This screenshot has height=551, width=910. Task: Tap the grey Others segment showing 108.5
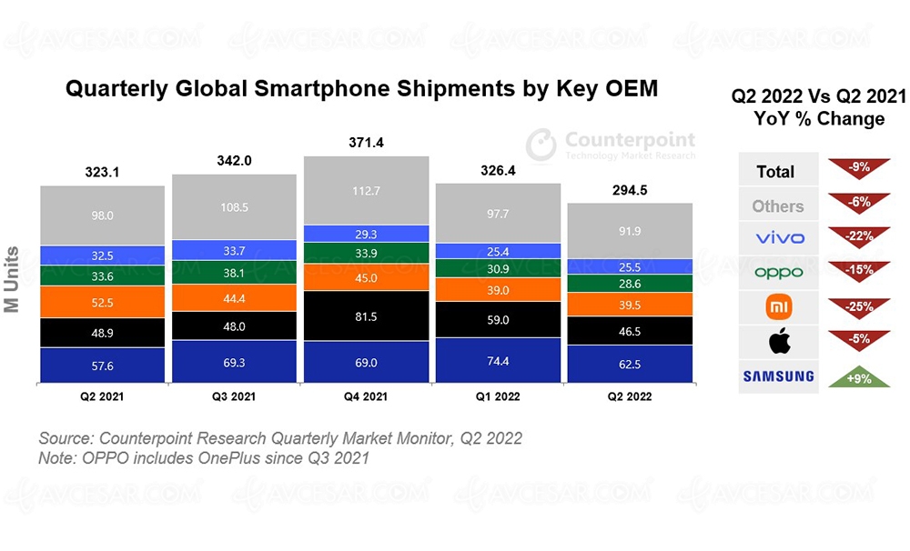(234, 206)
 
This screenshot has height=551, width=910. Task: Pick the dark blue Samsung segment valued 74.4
(498, 361)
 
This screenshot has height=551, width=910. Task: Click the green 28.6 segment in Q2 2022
(630, 285)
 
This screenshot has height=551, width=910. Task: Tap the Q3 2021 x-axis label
(234, 396)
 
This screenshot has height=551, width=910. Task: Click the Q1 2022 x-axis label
(498, 396)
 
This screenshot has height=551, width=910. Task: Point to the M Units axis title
(14, 278)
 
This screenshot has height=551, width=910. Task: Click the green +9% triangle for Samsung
(858, 377)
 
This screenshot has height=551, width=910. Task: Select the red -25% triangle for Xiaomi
(858, 307)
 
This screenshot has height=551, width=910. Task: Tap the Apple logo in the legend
(778, 342)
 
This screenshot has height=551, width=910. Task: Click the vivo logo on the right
(778, 238)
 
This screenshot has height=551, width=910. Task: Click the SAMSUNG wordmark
(778, 376)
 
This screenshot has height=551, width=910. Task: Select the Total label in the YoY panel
(776, 172)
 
